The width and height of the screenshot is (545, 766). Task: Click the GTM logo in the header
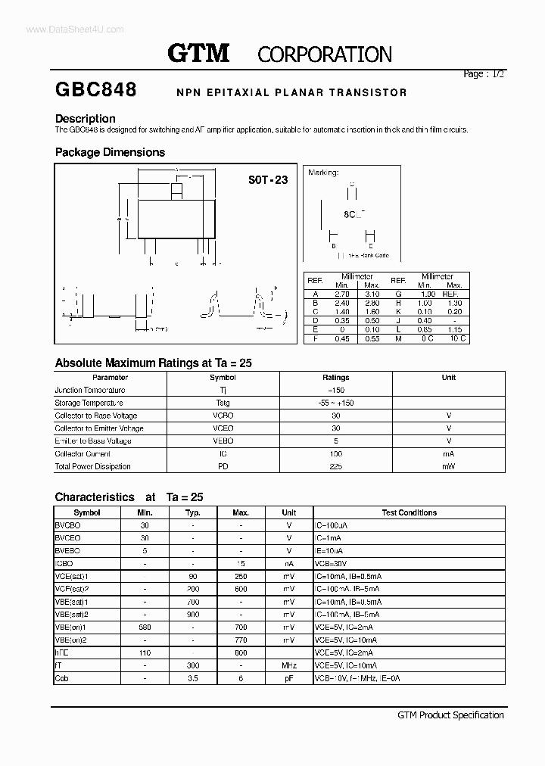pyautogui.click(x=198, y=53)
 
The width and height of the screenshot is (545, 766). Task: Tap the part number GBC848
pyautogui.click(x=95, y=90)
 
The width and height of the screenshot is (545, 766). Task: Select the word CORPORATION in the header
pyautogui.click(x=325, y=54)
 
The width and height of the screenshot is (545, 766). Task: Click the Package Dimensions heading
pyautogui.click(x=110, y=152)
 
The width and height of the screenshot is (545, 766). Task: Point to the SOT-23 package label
pyautogui.click(x=268, y=181)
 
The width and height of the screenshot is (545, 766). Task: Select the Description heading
pyautogui.click(x=86, y=119)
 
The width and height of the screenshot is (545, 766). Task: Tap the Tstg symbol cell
pyautogui.click(x=223, y=403)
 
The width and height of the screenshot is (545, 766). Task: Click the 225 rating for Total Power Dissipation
pyautogui.click(x=335, y=466)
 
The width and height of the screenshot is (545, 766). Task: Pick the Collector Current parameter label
pyautogui.click(x=83, y=453)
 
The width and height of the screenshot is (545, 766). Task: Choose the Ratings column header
pyautogui.click(x=335, y=377)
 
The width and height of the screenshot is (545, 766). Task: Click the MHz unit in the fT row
pyautogui.click(x=288, y=665)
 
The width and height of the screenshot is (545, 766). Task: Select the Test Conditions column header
pyautogui.click(x=409, y=512)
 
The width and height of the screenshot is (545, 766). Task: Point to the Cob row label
pyautogui.click(x=62, y=678)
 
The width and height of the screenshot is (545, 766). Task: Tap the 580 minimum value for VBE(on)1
pyautogui.click(x=145, y=627)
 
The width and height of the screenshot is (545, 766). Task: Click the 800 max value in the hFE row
pyautogui.click(x=241, y=652)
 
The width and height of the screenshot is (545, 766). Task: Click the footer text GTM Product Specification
pyautogui.click(x=450, y=715)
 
